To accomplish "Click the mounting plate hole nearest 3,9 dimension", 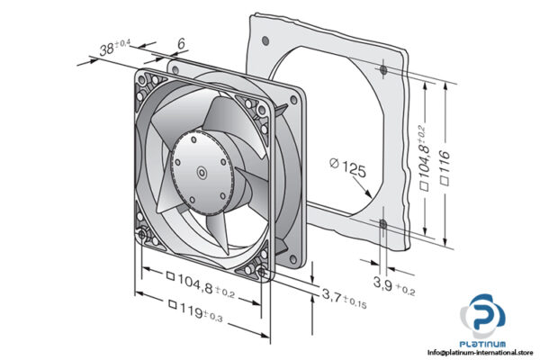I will pyautogui.click(x=382, y=223).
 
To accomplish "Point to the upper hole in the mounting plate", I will pyautogui.click(x=382, y=68).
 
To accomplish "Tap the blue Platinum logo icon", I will pyautogui.click(x=483, y=320).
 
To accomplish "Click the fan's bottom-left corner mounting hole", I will pyautogui.click(x=145, y=237).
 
